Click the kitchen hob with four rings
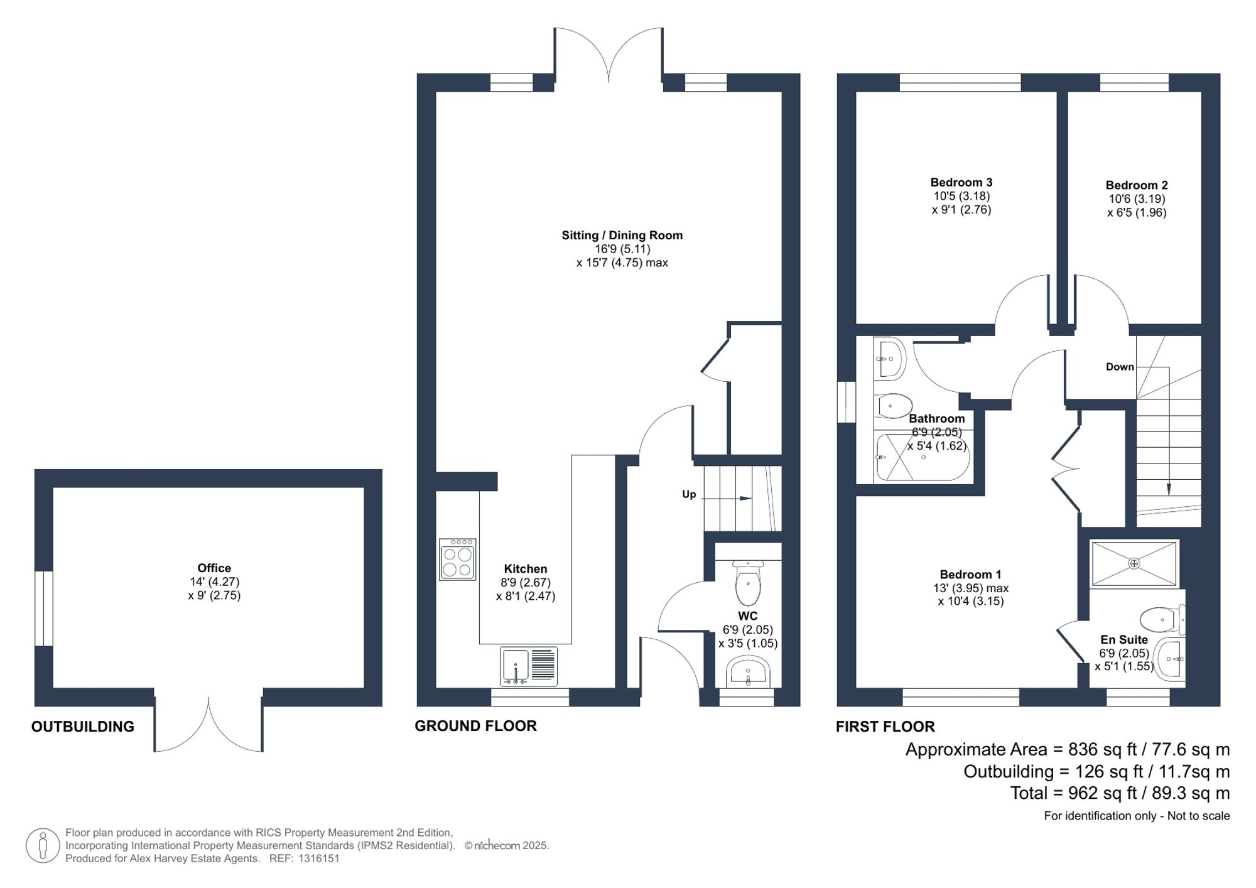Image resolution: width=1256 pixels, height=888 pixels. (457, 559)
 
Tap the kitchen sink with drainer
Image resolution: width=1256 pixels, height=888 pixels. (529, 666)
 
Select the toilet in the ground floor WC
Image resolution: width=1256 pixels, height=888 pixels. (747, 583)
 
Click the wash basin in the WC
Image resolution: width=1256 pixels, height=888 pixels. (747, 673)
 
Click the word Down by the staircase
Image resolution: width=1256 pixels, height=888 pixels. (1120, 367)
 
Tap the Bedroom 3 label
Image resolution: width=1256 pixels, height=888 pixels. (961, 183)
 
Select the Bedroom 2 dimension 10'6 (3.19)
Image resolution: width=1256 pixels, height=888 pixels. (1137, 199)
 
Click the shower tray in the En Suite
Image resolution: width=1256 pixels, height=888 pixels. (1134, 563)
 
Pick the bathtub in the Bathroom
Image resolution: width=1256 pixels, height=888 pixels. (922, 458)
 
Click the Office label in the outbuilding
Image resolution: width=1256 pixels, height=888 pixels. (214, 568)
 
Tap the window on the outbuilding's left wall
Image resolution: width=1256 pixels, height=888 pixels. (44, 608)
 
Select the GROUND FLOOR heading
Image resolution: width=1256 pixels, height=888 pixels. (475, 726)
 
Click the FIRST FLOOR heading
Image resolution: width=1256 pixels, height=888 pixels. (885, 727)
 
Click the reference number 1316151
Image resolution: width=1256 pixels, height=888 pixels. (318, 858)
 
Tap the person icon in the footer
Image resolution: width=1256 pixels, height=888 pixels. (43, 845)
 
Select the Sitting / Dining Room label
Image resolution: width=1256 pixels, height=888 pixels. (622, 236)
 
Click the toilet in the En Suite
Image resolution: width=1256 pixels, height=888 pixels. (1161, 619)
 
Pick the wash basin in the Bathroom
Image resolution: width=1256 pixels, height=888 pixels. (891, 359)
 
